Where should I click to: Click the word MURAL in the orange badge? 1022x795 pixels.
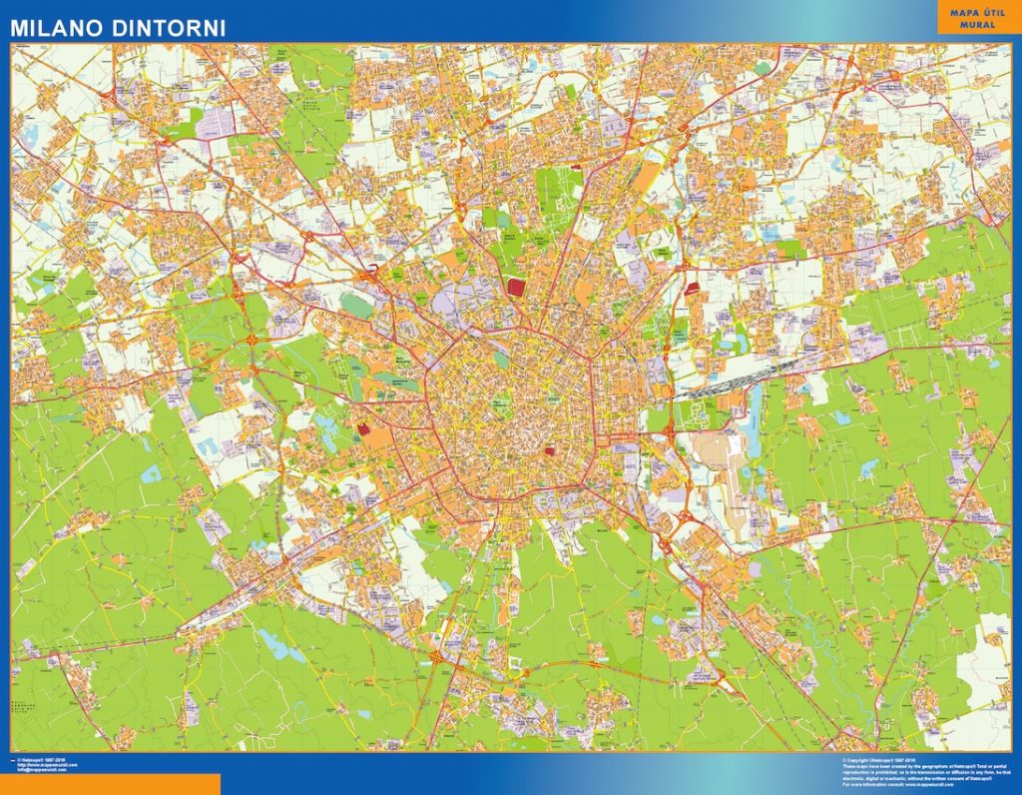[x=978, y=24]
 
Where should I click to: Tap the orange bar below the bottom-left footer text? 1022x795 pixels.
[x=110, y=785]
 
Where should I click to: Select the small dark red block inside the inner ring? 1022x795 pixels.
[x=549, y=451]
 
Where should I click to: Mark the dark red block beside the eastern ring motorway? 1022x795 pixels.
[x=693, y=289]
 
